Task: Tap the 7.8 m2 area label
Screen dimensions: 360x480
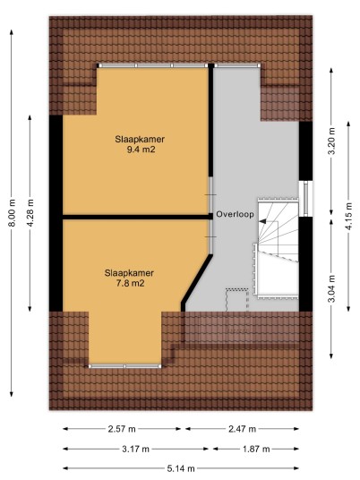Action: pyautogui.click(x=130, y=283)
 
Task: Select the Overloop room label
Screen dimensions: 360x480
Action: pyautogui.click(x=236, y=214)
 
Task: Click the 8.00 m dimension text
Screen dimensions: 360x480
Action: pyautogui.click(x=12, y=213)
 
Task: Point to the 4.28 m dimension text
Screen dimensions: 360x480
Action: pyautogui.click(x=30, y=213)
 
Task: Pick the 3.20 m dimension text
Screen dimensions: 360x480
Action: pyautogui.click(x=332, y=141)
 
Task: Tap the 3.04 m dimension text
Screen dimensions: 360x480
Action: pyautogui.click(x=332, y=288)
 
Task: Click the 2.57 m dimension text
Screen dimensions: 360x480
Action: pyautogui.click(x=122, y=429)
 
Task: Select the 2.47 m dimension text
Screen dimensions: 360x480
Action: pyautogui.click(x=242, y=429)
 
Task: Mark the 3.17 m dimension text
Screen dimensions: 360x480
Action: pyautogui.click(x=135, y=449)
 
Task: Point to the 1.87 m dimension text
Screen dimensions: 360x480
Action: pyautogui.click(x=256, y=449)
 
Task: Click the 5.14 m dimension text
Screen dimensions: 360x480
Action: pyautogui.click(x=181, y=468)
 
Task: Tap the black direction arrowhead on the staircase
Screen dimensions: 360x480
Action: pyautogui.click(x=262, y=221)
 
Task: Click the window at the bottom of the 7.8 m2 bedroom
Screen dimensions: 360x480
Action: pyautogui.click(x=125, y=366)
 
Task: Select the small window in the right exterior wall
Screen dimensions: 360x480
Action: pyautogui.click(x=305, y=199)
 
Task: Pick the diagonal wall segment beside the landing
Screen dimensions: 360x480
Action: pyautogui.click(x=196, y=282)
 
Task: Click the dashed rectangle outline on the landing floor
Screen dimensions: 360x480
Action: pyautogui.click(x=237, y=300)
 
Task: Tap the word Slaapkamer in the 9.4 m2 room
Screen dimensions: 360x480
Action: pyautogui.click(x=140, y=139)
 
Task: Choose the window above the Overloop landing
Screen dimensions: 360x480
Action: pyautogui.click(x=237, y=65)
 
